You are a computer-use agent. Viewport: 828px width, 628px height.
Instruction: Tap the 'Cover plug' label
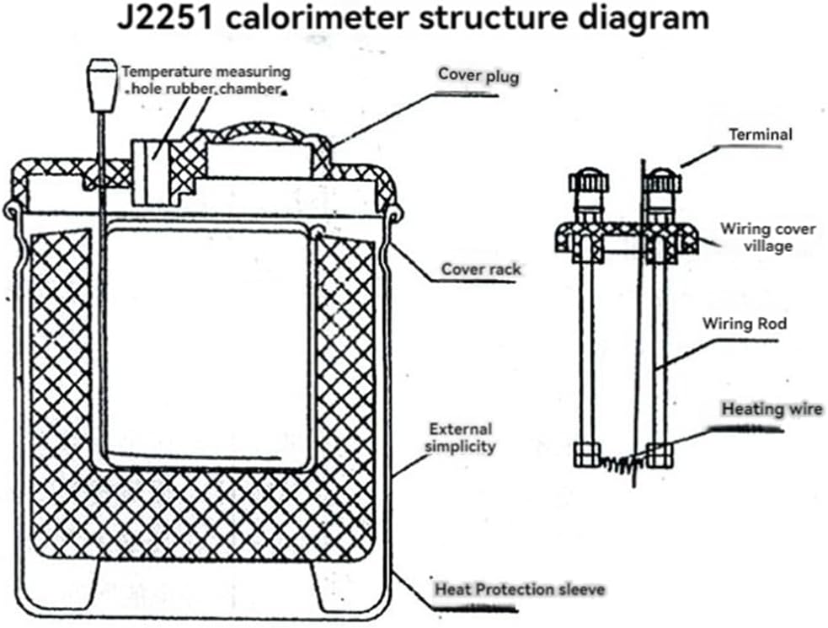[478, 76]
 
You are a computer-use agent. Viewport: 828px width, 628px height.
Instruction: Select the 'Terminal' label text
[760, 134]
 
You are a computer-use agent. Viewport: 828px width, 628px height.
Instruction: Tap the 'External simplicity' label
[461, 437]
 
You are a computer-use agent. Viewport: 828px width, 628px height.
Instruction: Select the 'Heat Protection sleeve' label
[519, 588]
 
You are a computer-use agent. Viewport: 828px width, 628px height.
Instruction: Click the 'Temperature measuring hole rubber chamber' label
[206, 80]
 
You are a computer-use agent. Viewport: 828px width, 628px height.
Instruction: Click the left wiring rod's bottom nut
[586, 454]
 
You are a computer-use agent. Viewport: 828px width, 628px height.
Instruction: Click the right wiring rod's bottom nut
[660, 454]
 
